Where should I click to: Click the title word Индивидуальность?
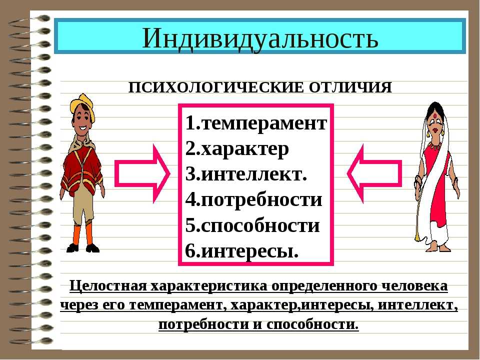click(260, 39)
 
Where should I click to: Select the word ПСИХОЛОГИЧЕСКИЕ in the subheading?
click(216, 87)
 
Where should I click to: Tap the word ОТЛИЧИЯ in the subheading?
click(350, 87)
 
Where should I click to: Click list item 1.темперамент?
click(256, 123)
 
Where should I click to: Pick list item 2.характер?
click(237, 149)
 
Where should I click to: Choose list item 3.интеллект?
click(246, 174)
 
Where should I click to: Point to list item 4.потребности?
click(253, 200)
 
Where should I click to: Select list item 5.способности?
click(252, 225)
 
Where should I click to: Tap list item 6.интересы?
click(241, 251)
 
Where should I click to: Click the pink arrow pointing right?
click(142, 173)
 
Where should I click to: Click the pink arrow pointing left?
click(374, 173)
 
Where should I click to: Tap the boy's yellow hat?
click(82, 106)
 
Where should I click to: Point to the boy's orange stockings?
click(82, 233)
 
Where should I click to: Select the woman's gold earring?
click(442, 132)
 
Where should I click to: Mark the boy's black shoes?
click(83, 248)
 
